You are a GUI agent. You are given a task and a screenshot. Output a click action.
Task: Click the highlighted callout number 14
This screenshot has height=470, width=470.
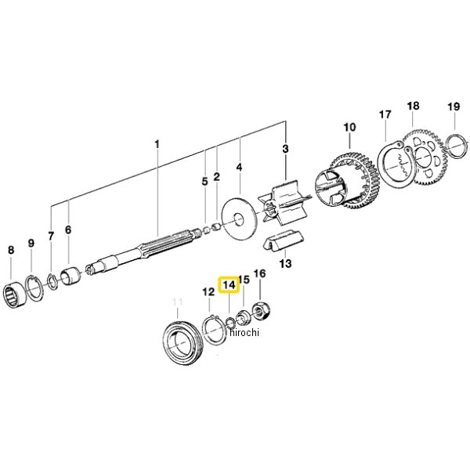(x=230, y=285)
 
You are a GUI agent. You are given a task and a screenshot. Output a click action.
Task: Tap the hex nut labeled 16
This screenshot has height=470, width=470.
(x=262, y=312)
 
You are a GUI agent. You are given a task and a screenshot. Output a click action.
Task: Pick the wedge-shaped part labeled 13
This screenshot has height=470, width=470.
(x=281, y=240)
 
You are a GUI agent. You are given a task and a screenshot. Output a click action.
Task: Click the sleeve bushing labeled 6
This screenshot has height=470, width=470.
(x=70, y=276)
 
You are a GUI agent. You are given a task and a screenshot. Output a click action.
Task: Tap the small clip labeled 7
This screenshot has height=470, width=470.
(x=52, y=281)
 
